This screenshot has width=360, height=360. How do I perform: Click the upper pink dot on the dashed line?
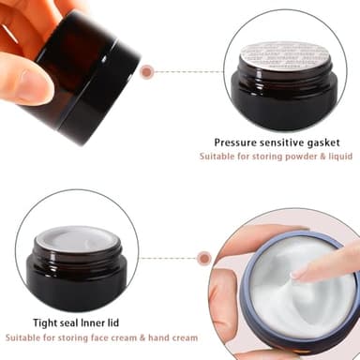pyautogui.click(x=147, y=70)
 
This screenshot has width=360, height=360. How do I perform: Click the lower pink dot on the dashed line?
pyautogui.click(x=202, y=257)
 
